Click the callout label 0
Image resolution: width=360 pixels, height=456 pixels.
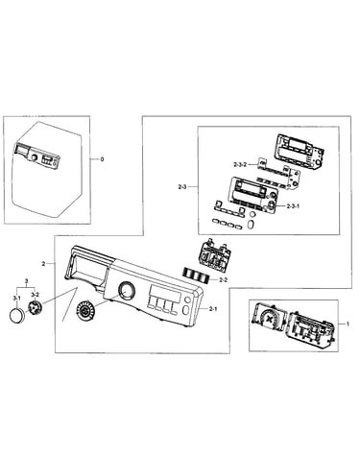coord(102,159)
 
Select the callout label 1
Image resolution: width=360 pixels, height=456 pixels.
coord(348,324)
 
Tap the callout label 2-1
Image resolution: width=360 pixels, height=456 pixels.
coord(213,309)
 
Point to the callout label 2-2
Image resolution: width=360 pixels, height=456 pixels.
coord(223,279)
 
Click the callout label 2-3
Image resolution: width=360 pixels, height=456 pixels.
coord(182,186)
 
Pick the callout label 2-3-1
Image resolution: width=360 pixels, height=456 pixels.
coord(293,206)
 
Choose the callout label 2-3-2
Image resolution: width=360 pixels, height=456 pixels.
coord(240,164)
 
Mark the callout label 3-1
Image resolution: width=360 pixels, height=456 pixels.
coord(16,298)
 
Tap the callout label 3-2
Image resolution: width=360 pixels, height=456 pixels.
coord(35,294)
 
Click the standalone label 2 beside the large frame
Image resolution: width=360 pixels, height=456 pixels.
coord(43,264)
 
